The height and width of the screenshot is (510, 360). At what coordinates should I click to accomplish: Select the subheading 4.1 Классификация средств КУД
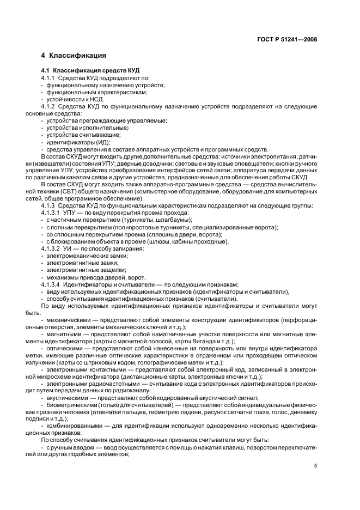[90, 71]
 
